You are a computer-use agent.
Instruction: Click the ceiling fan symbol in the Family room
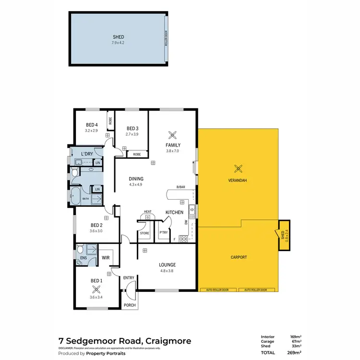click(x=173, y=135)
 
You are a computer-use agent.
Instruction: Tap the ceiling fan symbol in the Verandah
click(x=237, y=168)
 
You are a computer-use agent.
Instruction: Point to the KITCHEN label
click(x=174, y=212)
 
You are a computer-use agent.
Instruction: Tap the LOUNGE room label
click(x=167, y=264)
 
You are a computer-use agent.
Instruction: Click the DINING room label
click(x=136, y=179)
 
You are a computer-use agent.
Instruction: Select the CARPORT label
click(x=238, y=257)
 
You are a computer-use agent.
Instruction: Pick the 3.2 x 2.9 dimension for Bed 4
click(x=91, y=131)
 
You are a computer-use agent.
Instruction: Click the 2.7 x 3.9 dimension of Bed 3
click(x=132, y=134)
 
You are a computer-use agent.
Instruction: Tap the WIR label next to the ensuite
click(x=106, y=258)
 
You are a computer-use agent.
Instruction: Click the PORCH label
click(x=130, y=305)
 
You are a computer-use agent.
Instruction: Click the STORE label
click(x=144, y=233)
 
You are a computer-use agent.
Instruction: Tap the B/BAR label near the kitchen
click(x=180, y=187)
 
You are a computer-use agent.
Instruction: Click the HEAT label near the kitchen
click(x=148, y=212)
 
